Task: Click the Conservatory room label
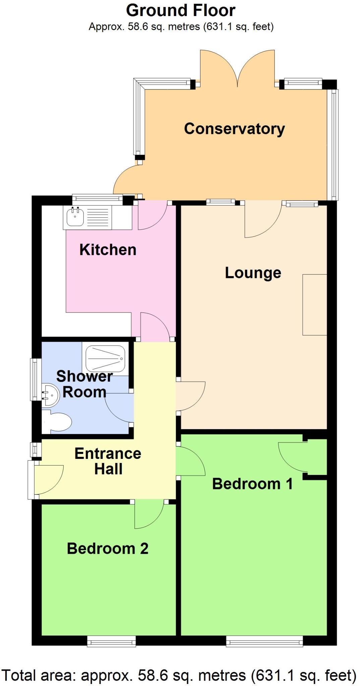point(234,129)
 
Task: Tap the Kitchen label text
point(108,250)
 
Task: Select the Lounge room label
point(253,273)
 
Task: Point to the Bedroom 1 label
point(252,484)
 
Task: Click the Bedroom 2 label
point(108,549)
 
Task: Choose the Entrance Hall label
point(108,461)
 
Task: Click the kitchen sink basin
point(75,217)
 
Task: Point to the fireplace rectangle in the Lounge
point(315,305)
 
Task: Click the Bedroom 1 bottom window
point(264,641)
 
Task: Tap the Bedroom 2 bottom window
point(112,641)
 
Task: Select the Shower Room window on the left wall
point(36,380)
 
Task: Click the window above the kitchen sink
point(98,200)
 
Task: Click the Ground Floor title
point(181,10)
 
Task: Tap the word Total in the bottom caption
point(19,675)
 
